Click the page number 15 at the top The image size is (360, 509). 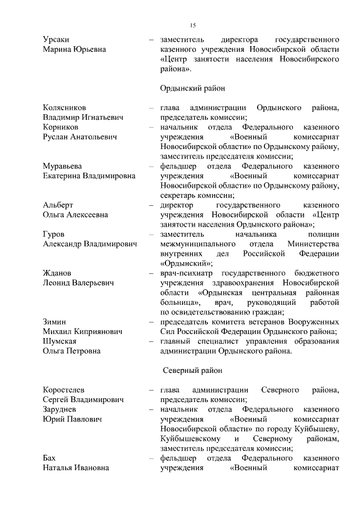(x=192, y=25)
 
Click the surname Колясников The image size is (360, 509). (x=66, y=107)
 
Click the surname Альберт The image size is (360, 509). (x=58, y=205)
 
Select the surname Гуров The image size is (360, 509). (x=54, y=234)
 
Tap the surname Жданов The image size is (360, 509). (x=57, y=273)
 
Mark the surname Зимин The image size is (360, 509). (x=55, y=322)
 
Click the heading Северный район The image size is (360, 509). (x=193, y=371)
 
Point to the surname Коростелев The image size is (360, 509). (x=66, y=390)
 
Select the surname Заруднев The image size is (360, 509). (x=62, y=409)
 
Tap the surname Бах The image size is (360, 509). (x=50, y=458)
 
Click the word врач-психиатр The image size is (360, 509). (x=185, y=273)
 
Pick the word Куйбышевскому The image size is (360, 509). (x=189, y=439)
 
